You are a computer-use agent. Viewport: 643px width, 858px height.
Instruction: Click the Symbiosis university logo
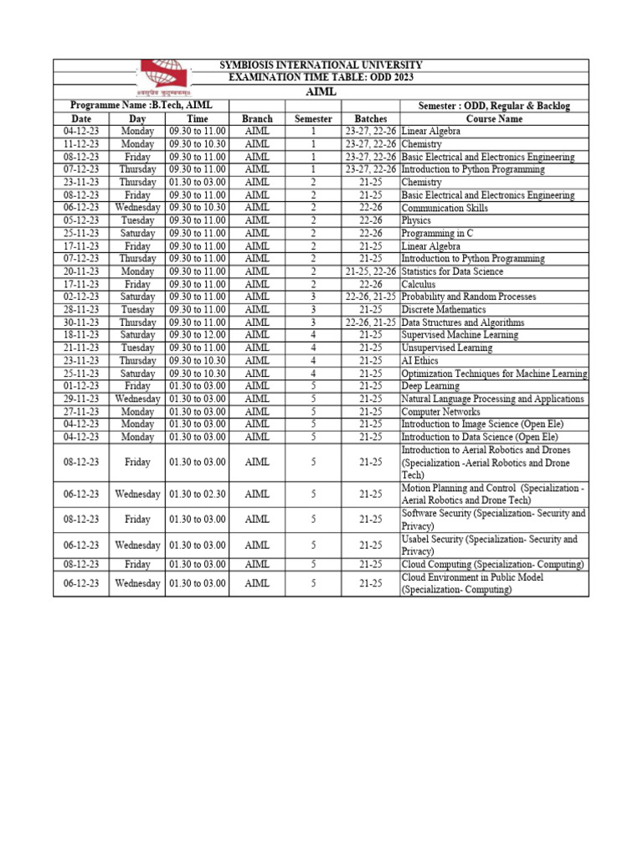tap(164, 76)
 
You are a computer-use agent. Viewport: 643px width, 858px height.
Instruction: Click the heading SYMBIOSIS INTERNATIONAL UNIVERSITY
tap(321, 65)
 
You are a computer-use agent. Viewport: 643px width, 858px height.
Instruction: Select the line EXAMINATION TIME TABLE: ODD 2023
tap(321, 78)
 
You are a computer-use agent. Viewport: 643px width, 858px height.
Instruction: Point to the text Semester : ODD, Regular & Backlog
tap(494, 106)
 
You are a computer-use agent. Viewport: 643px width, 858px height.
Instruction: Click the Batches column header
tap(371, 119)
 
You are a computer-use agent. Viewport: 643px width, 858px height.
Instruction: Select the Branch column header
tap(257, 119)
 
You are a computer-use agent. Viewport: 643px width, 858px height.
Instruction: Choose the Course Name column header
tap(494, 119)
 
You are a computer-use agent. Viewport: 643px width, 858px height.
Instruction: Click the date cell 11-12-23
tap(81, 144)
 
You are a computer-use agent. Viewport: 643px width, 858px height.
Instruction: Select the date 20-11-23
tap(81, 271)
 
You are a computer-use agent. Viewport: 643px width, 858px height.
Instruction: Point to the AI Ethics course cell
tap(419, 361)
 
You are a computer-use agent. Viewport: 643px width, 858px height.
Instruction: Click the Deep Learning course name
tap(430, 386)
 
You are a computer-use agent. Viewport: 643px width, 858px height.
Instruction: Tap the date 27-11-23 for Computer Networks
tap(81, 411)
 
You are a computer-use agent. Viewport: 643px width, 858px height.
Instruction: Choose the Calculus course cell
tap(419, 285)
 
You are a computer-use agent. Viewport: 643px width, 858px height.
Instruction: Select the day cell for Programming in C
tap(137, 234)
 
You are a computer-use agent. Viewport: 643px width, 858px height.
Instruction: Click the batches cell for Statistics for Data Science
tap(371, 271)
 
